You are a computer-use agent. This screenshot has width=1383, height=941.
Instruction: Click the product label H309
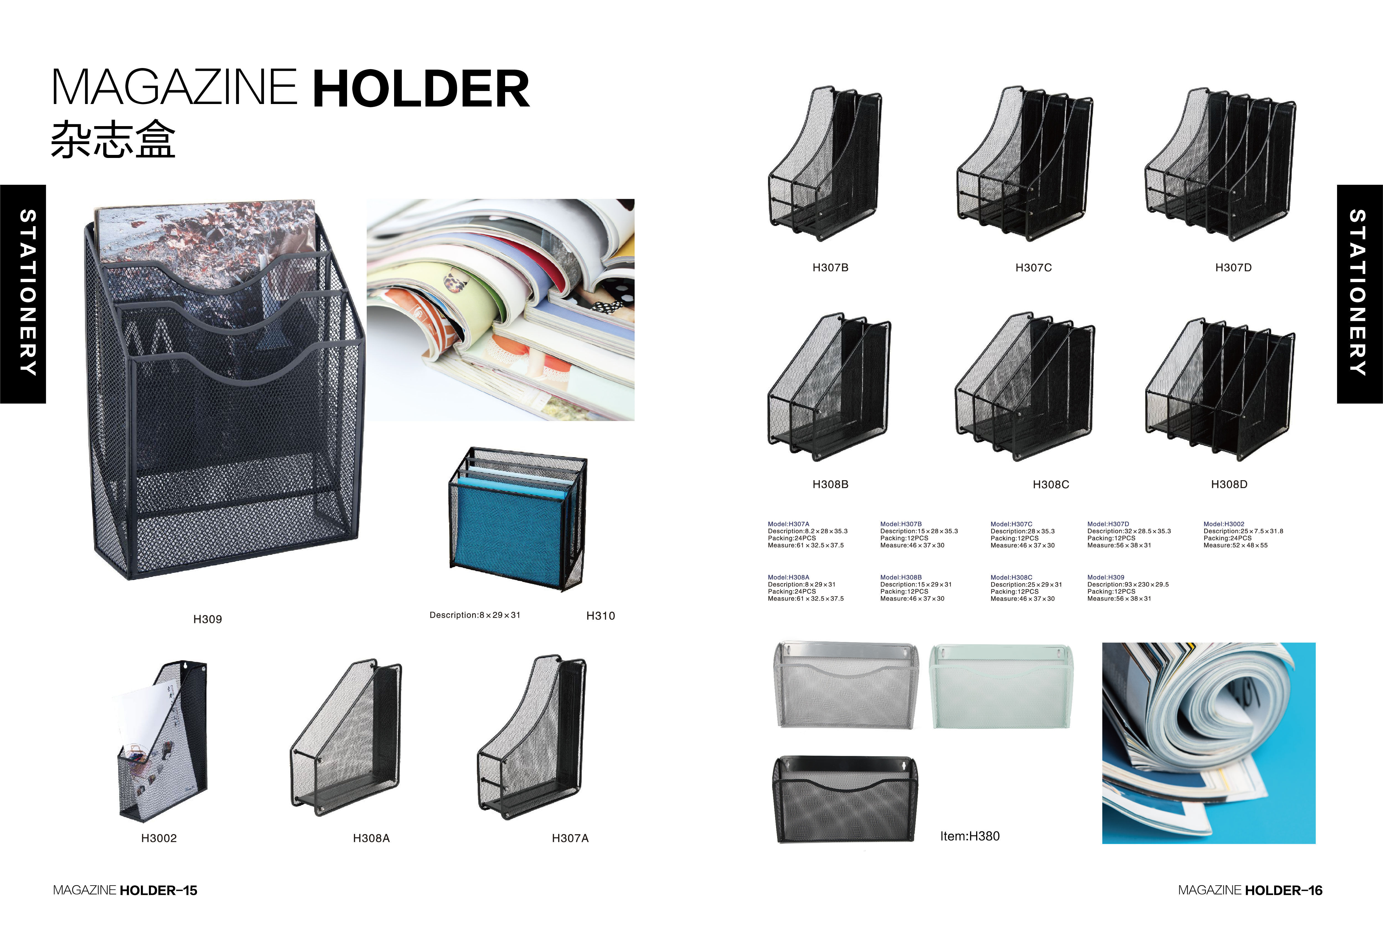click(208, 619)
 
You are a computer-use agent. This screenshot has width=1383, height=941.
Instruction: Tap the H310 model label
click(601, 616)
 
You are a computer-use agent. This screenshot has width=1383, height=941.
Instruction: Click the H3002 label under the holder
click(159, 838)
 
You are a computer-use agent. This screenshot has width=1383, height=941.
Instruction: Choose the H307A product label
click(570, 838)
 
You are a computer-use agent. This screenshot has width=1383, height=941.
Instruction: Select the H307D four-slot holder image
click(1220, 163)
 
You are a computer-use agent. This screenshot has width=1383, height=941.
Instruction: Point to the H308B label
click(830, 484)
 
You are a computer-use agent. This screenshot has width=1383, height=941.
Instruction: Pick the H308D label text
click(1229, 484)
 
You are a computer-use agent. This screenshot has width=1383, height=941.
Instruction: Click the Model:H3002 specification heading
click(1224, 524)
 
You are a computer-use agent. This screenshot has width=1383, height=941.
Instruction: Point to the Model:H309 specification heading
click(1106, 577)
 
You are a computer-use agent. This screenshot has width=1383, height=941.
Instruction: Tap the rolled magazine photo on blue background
click(1209, 743)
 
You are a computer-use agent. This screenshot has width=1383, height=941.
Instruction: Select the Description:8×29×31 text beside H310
click(475, 615)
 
